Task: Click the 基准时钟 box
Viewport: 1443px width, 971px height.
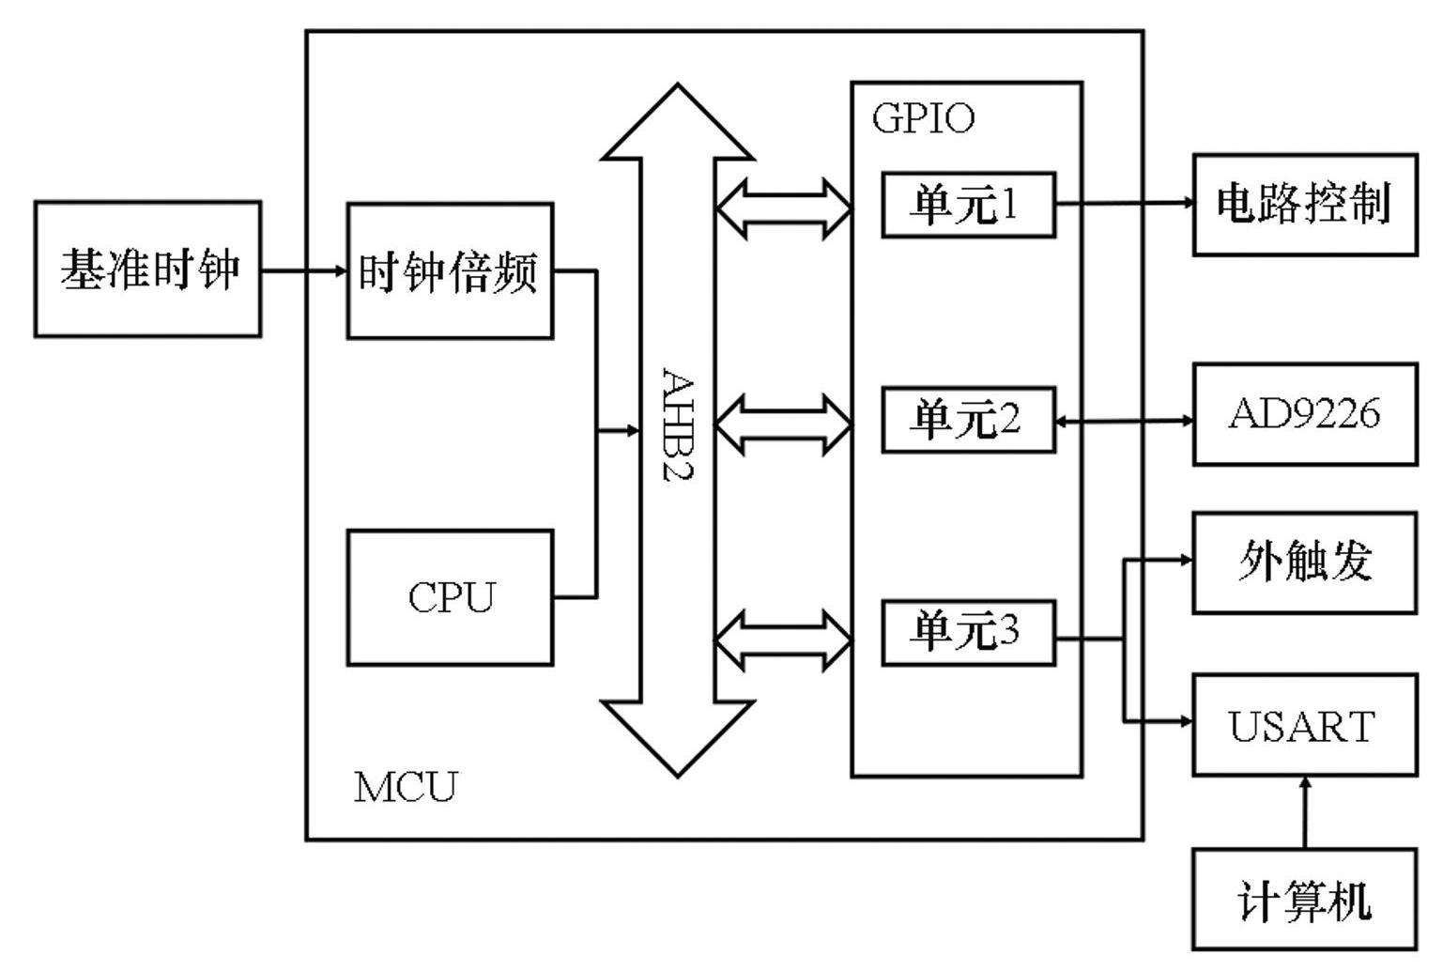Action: (x=147, y=270)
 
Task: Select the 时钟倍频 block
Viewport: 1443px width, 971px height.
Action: (x=450, y=271)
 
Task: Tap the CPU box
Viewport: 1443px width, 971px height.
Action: (x=450, y=597)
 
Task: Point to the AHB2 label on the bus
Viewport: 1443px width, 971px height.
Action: (x=678, y=424)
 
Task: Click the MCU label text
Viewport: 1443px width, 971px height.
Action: (x=406, y=787)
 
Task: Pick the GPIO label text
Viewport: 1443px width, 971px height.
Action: (x=923, y=118)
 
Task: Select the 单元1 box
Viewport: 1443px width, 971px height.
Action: (x=968, y=205)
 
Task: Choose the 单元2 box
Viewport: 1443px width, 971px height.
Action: (x=968, y=420)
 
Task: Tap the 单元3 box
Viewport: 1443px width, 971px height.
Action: (x=968, y=633)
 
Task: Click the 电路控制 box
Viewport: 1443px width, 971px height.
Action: (x=1304, y=205)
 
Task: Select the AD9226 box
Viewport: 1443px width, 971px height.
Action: (x=1304, y=414)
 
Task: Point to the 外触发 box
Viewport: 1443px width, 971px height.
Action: (x=1304, y=563)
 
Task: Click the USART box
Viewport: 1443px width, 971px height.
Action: (x=1304, y=725)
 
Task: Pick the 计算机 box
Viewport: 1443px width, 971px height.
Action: (x=1304, y=900)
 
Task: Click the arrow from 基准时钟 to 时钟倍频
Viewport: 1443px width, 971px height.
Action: (x=303, y=271)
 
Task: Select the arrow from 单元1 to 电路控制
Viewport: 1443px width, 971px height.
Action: (x=1125, y=202)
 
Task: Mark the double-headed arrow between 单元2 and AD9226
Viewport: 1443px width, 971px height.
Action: (x=1125, y=421)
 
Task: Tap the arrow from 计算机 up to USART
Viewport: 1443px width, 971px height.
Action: (x=1304, y=812)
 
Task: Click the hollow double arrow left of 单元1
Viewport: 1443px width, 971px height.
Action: (x=784, y=208)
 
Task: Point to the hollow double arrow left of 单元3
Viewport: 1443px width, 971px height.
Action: (x=784, y=640)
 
